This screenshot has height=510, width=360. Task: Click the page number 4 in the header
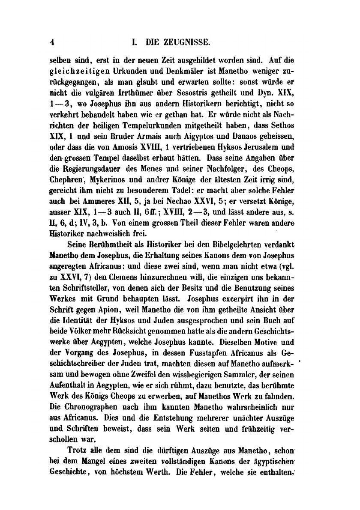click(x=52, y=42)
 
